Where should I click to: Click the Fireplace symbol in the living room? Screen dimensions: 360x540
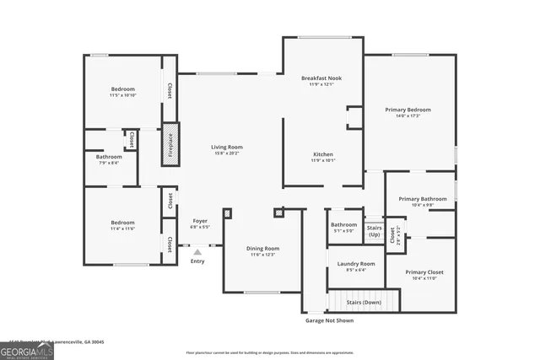(169, 144)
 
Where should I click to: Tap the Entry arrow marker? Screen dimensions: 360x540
(197, 251)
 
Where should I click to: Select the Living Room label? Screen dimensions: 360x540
(227, 148)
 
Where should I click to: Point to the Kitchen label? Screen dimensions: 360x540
(323, 154)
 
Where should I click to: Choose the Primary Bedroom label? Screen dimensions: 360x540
(408, 110)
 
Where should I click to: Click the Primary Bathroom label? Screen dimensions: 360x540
(422, 199)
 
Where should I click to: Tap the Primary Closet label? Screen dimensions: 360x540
(424, 272)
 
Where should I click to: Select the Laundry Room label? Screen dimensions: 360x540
(355, 264)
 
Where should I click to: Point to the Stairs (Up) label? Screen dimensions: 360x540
(374, 230)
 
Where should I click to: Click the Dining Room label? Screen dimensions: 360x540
(262, 248)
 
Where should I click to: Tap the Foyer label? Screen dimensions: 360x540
(200, 221)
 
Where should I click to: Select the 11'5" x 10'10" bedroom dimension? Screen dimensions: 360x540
(122, 95)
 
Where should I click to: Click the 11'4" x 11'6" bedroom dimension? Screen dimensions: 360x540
(122, 228)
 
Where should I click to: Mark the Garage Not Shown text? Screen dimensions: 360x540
(330, 320)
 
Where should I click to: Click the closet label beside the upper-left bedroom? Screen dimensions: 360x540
(169, 90)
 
